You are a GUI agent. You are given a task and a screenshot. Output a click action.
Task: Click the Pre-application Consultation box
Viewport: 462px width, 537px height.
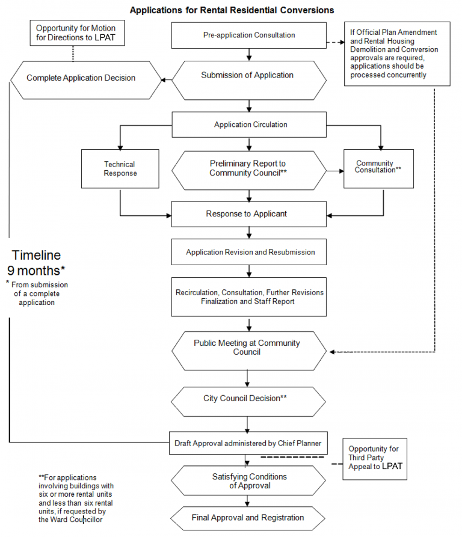pos(249,35)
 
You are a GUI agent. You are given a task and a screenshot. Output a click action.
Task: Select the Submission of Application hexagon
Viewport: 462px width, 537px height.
pos(249,76)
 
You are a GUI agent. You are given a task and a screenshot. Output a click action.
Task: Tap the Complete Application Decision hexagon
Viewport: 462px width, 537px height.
pos(84,78)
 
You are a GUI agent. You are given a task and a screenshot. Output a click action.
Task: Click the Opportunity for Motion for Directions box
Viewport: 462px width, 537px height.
pos(76,33)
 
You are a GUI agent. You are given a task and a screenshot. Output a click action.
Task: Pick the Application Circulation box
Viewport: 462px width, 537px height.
pos(249,125)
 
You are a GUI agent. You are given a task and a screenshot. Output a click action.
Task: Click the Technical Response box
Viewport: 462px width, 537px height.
pos(120,169)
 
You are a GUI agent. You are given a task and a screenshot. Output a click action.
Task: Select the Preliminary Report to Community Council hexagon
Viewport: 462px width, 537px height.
pos(249,168)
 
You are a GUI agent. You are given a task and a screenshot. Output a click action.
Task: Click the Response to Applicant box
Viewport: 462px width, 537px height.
pos(249,214)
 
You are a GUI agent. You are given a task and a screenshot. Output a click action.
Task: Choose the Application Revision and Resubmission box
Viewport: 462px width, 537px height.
pos(249,252)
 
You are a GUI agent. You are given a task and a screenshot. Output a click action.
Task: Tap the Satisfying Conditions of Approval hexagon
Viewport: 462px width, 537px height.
pos(249,481)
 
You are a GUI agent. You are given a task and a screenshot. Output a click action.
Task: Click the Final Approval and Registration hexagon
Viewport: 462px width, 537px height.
pos(249,518)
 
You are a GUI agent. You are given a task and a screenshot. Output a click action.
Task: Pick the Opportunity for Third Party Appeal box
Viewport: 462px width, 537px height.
pos(375,458)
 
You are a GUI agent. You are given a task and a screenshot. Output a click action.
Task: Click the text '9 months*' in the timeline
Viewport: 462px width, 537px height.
pos(36,269)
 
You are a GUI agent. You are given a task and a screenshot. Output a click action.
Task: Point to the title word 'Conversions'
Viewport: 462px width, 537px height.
pos(303,10)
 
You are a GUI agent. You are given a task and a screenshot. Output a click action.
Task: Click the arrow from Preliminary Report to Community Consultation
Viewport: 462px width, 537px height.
pos(334,171)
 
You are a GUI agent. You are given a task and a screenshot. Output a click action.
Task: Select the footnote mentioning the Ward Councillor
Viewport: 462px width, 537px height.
pos(75,499)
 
